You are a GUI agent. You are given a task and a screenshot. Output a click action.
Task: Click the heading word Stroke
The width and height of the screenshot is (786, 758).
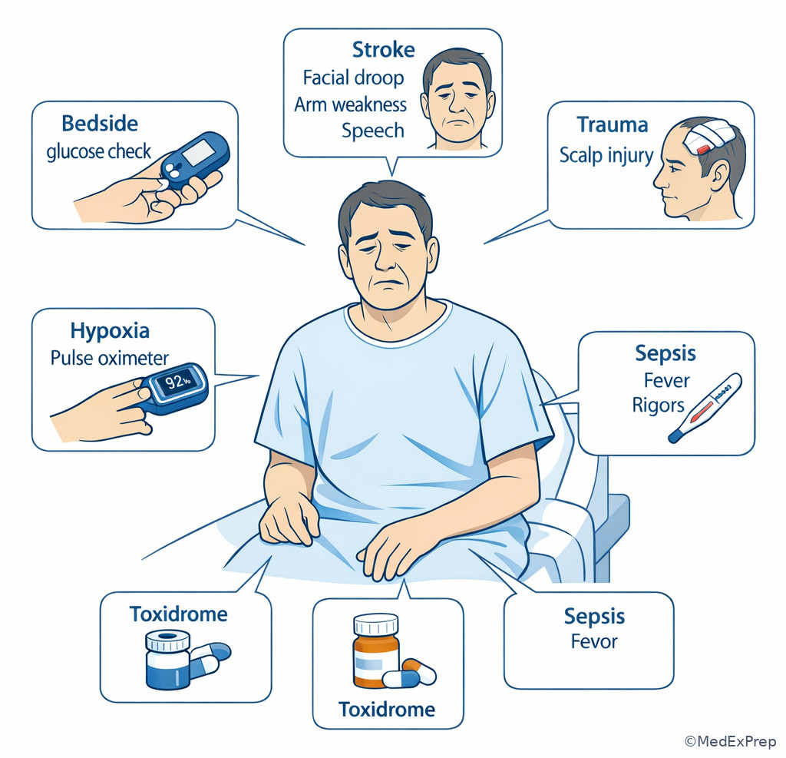click(x=384, y=50)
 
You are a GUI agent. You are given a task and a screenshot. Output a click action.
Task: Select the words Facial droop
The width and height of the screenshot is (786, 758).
click(x=353, y=78)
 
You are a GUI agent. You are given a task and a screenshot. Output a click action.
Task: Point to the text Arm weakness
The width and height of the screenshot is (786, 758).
click(x=350, y=104)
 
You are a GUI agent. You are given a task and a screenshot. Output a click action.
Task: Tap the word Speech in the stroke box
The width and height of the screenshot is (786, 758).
click(x=373, y=131)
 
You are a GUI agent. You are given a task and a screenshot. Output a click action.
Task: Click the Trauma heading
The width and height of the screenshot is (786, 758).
click(x=612, y=125)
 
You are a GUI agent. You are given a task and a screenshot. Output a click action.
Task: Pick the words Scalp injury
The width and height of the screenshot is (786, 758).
click(x=606, y=155)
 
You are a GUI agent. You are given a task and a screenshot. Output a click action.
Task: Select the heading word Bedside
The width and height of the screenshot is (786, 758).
click(x=100, y=124)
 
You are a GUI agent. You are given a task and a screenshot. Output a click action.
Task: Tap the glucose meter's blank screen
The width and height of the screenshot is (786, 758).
click(x=199, y=153)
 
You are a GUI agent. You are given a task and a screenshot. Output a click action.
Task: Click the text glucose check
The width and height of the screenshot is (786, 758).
click(x=99, y=151)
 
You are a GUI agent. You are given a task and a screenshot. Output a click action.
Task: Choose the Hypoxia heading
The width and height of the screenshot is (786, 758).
click(x=110, y=330)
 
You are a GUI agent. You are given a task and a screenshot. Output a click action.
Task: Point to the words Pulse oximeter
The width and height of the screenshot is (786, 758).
click(x=109, y=358)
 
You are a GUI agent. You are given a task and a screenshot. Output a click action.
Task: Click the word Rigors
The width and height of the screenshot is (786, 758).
click(x=658, y=405)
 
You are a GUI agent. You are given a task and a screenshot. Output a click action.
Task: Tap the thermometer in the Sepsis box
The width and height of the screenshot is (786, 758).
click(x=705, y=408)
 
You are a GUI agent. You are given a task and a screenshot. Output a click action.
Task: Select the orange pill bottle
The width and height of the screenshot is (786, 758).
click(x=376, y=651)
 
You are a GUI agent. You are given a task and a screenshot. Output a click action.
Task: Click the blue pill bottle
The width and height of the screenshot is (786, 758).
click(x=168, y=660)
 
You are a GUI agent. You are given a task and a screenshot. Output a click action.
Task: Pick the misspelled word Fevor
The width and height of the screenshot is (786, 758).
click(x=594, y=641)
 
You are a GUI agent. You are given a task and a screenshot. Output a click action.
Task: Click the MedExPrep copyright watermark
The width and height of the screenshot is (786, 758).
click(x=730, y=741)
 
